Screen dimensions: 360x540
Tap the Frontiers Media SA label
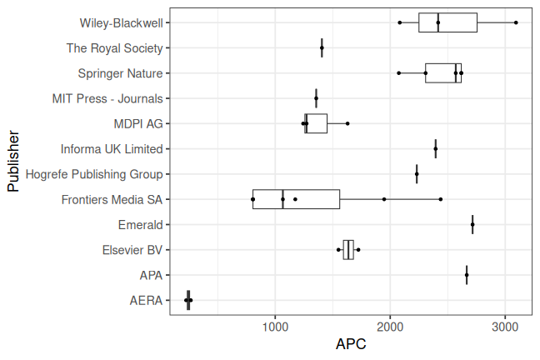point(112,199)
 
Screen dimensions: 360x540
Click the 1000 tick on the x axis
point(275,324)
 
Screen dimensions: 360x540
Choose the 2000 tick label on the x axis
point(390,324)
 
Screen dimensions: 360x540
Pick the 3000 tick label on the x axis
point(504,324)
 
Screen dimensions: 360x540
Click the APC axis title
point(351,343)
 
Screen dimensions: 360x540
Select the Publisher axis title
point(13,161)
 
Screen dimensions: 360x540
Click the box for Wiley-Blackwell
point(447,22)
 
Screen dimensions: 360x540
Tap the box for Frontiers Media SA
point(296,199)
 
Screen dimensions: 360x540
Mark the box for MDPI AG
point(316,123)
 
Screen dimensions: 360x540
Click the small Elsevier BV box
point(348,249)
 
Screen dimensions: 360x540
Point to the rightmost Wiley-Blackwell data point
point(517,22)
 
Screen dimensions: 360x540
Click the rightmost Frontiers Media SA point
point(441,199)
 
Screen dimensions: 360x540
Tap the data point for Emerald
point(472,224)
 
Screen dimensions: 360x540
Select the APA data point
point(467,275)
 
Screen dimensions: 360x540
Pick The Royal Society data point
point(322,48)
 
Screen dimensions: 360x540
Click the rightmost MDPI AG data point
point(347,123)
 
